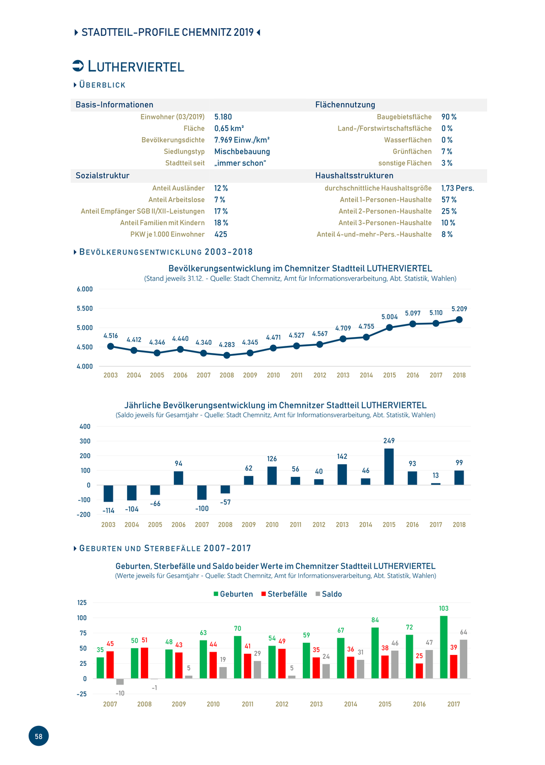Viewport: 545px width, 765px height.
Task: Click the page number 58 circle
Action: tap(39, 736)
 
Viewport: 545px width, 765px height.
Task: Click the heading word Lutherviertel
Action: tap(136, 66)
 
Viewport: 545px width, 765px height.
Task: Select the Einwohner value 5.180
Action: tap(223, 117)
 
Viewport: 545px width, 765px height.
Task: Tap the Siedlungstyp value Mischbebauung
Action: tap(242, 151)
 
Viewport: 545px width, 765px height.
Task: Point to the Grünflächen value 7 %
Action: tap(446, 151)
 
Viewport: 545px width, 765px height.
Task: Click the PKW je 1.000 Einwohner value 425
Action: tap(220, 234)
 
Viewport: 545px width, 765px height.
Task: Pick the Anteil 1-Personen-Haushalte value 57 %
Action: tap(449, 199)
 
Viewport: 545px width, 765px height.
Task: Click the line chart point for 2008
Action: tap(227, 355)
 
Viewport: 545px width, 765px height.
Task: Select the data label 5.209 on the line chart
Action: tap(459, 309)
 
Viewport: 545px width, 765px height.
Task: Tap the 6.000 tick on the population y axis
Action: tap(85, 289)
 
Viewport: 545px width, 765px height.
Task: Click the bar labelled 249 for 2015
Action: tap(389, 466)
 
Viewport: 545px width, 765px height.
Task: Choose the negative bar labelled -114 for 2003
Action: tap(108, 493)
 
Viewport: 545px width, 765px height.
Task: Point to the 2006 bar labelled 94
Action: tap(178, 478)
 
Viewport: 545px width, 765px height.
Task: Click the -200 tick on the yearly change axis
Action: tap(84, 514)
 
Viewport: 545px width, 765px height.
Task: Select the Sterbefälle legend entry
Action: tap(284, 594)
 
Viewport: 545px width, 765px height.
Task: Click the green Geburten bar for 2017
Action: tap(444, 647)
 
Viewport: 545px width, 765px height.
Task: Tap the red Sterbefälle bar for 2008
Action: tap(144, 663)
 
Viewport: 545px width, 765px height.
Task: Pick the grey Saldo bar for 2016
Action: tap(429, 664)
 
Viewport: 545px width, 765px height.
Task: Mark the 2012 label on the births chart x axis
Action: tap(282, 704)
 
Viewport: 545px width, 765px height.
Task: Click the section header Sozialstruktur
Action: tap(102, 176)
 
